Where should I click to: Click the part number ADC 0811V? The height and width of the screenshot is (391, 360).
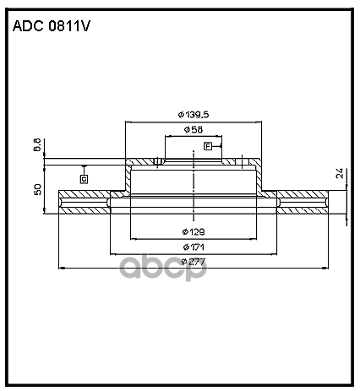pyautogui.click(x=51, y=26)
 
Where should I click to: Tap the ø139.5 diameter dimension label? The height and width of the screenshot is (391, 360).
pyautogui.click(x=194, y=114)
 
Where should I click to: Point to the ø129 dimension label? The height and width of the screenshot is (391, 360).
pyautogui.click(x=194, y=231)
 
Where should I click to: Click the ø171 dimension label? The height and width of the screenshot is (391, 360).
pyautogui.click(x=194, y=246)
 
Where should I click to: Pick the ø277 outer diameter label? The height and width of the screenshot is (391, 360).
pyautogui.click(x=194, y=261)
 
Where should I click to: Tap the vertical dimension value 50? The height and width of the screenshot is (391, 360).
pyautogui.click(x=38, y=190)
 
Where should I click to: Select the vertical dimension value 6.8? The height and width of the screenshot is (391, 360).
pyautogui.click(x=38, y=146)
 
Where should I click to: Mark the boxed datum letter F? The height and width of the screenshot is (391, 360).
pyautogui.click(x=207, y=147)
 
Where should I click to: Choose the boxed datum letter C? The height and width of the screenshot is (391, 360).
pyautogui.click(x=84, y=178)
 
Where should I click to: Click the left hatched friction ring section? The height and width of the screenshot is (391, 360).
pyautogui.click(x=85, y=202)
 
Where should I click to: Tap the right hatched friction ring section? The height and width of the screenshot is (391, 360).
pyautogui.click(x=304, y=202)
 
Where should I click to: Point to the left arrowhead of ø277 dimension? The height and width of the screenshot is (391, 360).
pyautogui.click(x=61, y=268)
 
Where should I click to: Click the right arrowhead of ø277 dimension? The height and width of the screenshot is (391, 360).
pyautogui.click(x=328, y=268)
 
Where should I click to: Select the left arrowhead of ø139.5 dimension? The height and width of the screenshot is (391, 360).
pyautogui.click(x=128, y=121)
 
